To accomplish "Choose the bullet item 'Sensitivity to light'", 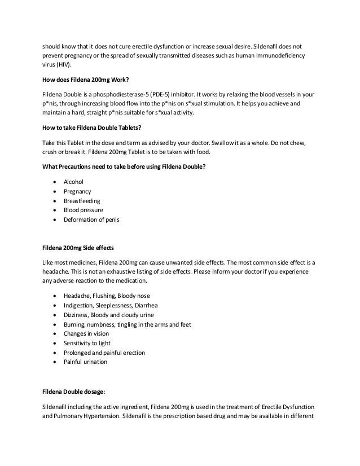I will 87,343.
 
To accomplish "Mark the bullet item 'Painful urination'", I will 85,362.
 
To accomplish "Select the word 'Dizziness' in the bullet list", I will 78,315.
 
